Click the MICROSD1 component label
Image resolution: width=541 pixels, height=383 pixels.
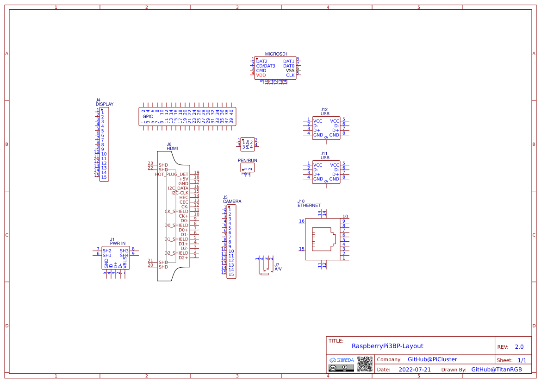276,54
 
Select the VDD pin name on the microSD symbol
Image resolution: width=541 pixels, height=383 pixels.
261,75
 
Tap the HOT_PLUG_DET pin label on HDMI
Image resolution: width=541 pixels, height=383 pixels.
172,174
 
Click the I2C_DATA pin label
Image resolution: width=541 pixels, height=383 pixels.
178,188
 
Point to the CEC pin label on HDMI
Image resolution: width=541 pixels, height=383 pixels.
184,202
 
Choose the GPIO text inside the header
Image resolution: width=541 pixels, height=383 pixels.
148,116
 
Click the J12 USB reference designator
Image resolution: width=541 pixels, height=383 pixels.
324,109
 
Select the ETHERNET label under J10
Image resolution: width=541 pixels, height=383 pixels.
309,205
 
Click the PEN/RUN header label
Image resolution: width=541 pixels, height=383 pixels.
248,160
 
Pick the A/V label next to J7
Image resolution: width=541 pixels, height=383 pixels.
278,269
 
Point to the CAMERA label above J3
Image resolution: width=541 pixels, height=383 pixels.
232,201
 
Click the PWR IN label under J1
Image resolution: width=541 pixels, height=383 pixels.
118,243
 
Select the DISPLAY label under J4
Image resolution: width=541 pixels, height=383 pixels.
105,104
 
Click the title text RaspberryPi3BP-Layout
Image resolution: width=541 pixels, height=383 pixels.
387,346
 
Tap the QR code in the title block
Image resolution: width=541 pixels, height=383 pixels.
365,364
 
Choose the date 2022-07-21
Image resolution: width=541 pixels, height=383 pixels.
415,370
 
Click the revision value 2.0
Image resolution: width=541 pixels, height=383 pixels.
519,347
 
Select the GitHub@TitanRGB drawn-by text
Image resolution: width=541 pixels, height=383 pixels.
496,370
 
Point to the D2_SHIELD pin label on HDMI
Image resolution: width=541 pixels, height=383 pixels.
176,253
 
